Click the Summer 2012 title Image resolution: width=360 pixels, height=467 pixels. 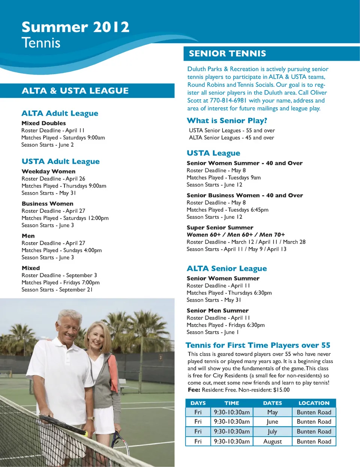tap(75, 27)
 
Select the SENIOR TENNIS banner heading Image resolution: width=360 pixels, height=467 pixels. tap(227, 54)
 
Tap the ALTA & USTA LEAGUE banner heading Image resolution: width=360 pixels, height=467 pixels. tap(75, 91)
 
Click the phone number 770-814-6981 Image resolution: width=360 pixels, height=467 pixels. tap(228, 101)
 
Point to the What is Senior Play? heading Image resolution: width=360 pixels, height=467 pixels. tap(227, 121)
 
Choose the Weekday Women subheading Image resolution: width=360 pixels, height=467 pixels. tap(48, 171)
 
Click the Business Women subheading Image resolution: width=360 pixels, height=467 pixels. tap(47, 204)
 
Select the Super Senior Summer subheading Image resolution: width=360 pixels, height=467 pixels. tap(220, 228)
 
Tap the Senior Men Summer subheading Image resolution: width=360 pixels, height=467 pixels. tap(217, 311)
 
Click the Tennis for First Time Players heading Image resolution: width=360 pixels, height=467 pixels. tap(258, 345)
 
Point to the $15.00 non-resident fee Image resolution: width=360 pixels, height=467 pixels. tap(281, 390)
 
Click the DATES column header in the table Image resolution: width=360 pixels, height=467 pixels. tap(272, 403)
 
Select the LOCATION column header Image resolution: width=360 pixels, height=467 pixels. tap(314, 403)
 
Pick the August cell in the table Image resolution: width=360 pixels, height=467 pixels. tap(272, 441)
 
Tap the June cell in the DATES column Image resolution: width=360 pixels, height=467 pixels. tap(272, 422)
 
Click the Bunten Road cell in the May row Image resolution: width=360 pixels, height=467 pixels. tap(314, 412)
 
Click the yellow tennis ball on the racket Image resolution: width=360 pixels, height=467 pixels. tap(86, 434)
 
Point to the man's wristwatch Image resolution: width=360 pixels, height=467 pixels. tap(91, 418)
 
